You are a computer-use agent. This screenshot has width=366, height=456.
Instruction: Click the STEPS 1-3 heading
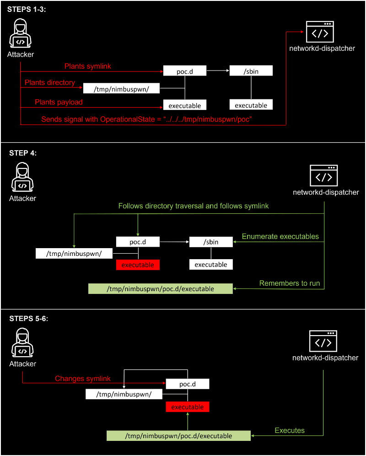coord(27,9)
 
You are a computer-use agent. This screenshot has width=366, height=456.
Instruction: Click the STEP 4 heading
coord(23,153)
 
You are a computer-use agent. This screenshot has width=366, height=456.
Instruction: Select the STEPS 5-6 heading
coord(28,319)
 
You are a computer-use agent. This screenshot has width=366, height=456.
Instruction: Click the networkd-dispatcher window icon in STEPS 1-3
coord(320,32)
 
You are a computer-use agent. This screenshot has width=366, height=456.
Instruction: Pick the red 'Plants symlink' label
coord(88,66)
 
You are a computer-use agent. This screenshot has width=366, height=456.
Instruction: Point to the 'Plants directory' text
coord(50,83)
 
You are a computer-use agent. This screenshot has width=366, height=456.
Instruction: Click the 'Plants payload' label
coord(59,102)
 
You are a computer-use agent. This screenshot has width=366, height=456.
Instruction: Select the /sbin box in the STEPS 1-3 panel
coord(251,71)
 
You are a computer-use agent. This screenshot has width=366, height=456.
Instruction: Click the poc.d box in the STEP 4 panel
coord(138,242)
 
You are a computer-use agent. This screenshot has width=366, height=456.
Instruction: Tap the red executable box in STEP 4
coord(138,265)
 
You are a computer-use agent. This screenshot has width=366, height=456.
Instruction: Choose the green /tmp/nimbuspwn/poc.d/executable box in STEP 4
coord(160,289)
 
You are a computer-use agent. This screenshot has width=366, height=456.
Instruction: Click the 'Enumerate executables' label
coord(280,237)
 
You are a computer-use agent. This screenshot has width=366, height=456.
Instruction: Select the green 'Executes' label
coord(290,431)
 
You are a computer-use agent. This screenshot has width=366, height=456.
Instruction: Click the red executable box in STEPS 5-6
coord(188,407)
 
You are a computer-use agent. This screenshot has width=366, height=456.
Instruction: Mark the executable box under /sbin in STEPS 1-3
coord(251,105)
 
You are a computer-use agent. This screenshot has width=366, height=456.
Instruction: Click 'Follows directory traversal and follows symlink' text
coord(194,206)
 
